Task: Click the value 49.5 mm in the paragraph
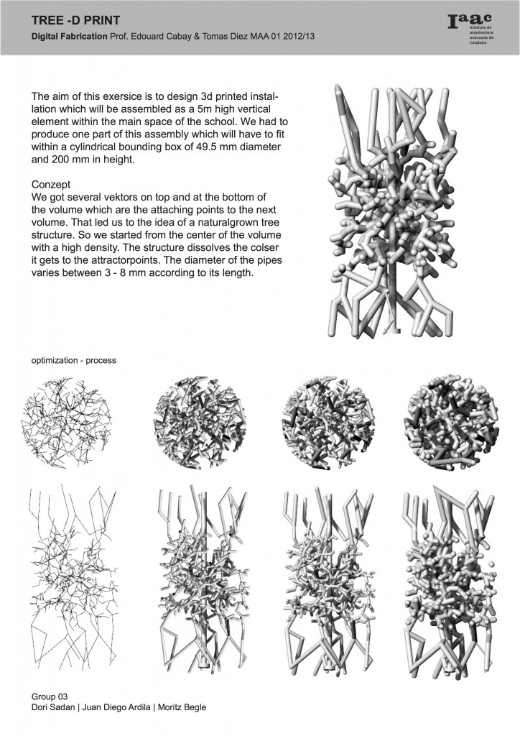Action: click(x=201, y=147)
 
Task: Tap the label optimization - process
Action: click(x=73, y=359)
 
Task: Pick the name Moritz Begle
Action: click(x=182, y=708)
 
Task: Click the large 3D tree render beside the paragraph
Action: click(x=391, y=216)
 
